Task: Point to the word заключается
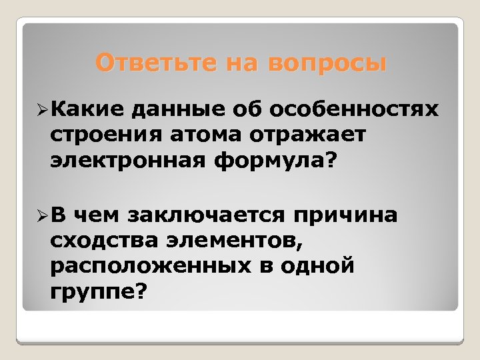pyautogui.click(x=209, y=215)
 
